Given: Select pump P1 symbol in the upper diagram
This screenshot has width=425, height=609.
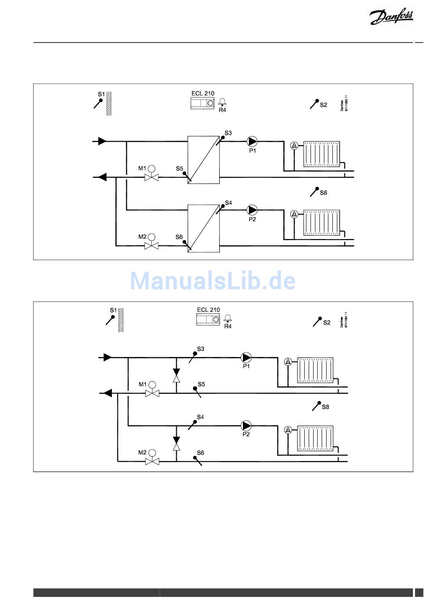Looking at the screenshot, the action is (x=252, y=142).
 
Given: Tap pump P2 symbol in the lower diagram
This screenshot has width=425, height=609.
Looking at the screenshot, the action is (x=246, y=425).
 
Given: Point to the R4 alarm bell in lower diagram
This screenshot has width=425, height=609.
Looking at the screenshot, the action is (x=228, y=319).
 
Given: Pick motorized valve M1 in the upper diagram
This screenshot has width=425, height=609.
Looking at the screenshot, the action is (x=152, y=177).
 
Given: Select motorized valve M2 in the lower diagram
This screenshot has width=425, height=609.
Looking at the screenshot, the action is (x=153, y=460).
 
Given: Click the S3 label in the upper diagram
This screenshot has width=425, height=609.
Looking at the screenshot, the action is (x=228, y=133).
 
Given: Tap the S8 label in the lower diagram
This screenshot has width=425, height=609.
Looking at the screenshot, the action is (x=326, y=407).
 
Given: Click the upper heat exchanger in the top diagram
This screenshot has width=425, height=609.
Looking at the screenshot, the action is (x=203, y=160).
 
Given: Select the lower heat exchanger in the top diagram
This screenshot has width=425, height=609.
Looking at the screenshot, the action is (x=203, y=228).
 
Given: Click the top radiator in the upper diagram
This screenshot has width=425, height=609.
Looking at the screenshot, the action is (x=321, y=154).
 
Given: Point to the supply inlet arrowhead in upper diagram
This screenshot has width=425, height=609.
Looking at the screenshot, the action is (x=102, y=141).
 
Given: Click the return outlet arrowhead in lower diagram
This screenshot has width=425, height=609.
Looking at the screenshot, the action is (x=107, y=393).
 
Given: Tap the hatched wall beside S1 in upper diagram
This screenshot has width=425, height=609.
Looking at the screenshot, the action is (x=109, y=103).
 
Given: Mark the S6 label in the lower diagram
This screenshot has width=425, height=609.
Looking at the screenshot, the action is (x=200, y=453).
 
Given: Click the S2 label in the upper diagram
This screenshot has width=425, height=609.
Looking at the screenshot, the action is (x=323, y=105).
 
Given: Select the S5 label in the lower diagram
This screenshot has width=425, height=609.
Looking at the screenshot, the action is (x=201, y=384).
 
